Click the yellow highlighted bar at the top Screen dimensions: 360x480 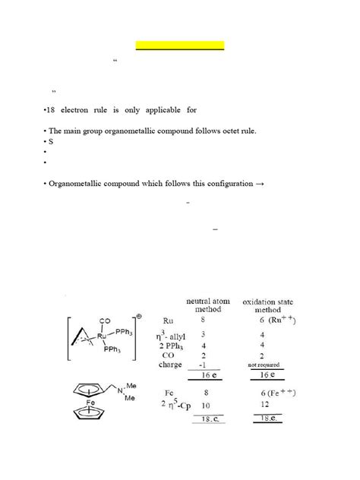tap(180, 46)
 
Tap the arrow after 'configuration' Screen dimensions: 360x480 tap(258, 184)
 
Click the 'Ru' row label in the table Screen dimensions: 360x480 tap(169, 321)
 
